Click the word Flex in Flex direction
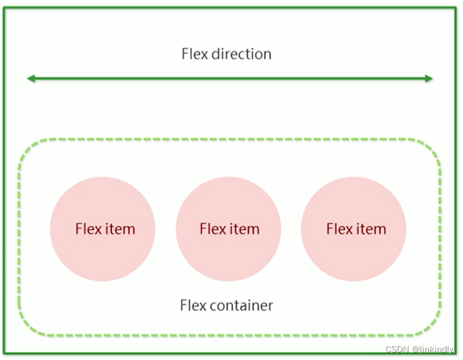coord(194,54)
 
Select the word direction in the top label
coord(241,54)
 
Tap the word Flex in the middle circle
coord(212,229)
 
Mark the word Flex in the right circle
coord(339,229)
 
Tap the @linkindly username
coord(432,349)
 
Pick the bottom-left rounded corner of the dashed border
coord(28,328)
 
